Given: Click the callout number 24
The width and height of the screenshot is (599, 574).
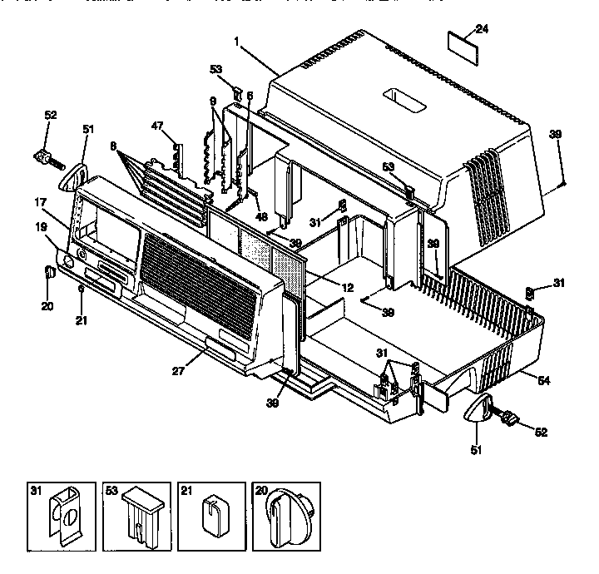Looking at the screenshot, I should pyautogui.click(x=482, y=29).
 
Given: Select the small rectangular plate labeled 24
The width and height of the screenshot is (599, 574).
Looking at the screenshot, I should pyautogui.click(x=462, y=42).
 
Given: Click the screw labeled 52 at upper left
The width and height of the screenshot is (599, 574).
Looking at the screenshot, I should pyautogui.click(x=44, y=155).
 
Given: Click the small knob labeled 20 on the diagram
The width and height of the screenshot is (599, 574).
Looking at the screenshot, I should pyautogui.click(x=49, y=271).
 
